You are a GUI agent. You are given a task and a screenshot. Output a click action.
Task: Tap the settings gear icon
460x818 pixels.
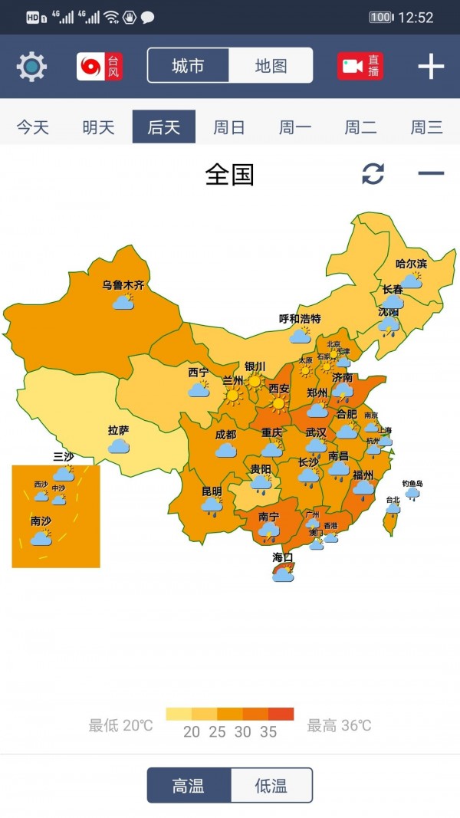coord(31,67)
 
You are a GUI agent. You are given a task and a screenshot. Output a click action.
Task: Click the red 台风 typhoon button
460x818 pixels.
coord(100,67)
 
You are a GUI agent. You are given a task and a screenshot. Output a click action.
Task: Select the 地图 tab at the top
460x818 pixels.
coord(271,66)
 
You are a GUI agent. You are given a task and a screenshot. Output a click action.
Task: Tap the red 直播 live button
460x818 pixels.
coord(360,66)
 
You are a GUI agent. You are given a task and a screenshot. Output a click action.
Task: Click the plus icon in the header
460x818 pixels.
coord(431,67)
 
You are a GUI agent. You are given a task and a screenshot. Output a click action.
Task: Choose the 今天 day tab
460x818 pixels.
coord(33,127)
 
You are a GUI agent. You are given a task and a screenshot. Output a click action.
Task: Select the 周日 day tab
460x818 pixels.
coord(229,127)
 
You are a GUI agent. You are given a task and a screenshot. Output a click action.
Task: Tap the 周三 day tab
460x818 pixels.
coord(427,127)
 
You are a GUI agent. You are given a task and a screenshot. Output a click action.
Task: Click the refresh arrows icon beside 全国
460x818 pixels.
coord(373,174)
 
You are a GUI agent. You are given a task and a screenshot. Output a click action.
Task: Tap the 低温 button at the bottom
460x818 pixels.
coord(271,786)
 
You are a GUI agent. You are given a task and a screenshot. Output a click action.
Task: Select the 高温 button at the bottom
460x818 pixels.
coord(188,786)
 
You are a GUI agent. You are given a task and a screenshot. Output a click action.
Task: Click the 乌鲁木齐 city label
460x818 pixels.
coord(123,285)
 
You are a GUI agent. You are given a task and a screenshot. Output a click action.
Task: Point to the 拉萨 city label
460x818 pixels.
coord(118,431)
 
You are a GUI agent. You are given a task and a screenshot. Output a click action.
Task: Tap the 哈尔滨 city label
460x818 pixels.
coord(411,264)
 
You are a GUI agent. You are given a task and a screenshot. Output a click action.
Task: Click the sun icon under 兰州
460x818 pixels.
coord(233,396)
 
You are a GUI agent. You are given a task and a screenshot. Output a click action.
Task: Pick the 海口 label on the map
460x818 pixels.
coord(283,557)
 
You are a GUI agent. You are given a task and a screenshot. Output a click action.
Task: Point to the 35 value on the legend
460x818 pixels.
coord(268,732)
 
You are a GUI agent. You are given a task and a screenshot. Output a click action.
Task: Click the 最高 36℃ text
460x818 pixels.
coord(339,725)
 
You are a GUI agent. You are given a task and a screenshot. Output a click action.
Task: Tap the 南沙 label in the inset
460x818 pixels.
coord(41,521)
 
